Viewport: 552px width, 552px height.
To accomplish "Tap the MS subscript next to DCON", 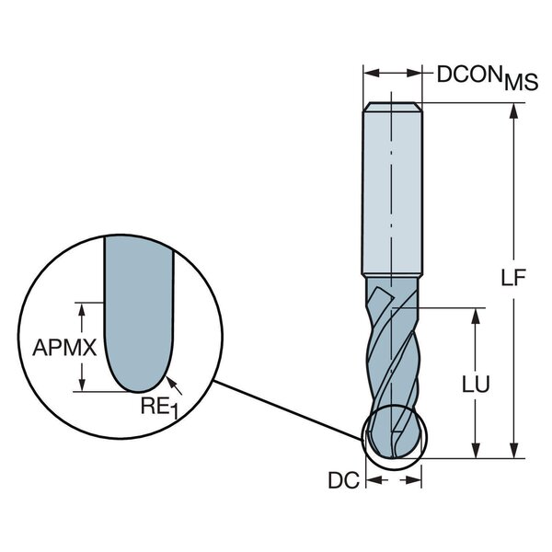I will click(520, 85).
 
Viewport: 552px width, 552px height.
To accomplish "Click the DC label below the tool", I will click(341, 480).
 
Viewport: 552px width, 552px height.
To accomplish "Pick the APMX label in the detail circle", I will click(59, 348).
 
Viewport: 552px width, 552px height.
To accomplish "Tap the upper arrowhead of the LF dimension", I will click(512, 109).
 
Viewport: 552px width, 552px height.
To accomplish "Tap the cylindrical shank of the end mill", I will click(393, 193).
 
